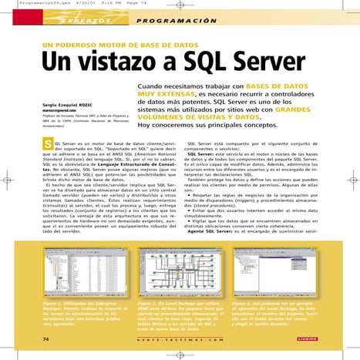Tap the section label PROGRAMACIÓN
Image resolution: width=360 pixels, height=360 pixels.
[163, 19]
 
